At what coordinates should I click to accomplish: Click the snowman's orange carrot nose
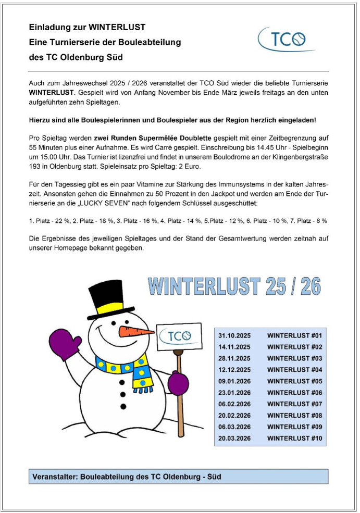tap(134, 332)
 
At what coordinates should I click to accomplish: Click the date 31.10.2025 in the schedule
tap(234, 335)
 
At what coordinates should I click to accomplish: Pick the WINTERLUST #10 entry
tap(295, 439)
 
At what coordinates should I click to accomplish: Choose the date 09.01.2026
tap(234, 381)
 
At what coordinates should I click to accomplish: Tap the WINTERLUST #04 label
tap(295, 370)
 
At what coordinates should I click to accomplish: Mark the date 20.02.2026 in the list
tap(234, 416)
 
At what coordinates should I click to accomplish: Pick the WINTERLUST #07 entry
tap(295, 404)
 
